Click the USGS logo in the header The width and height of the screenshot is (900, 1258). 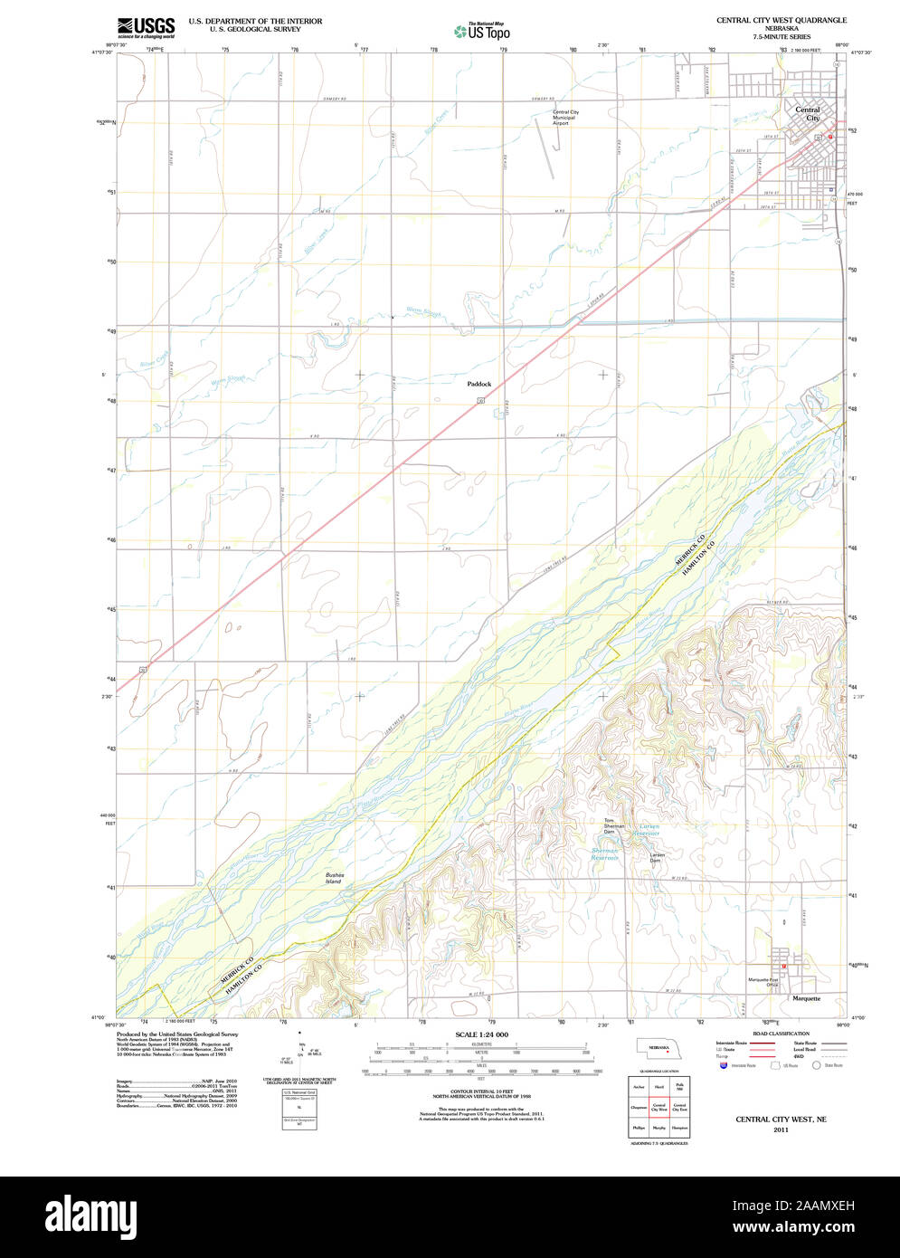tap(146, 26)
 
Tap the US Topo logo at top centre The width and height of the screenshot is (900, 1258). tap(482, 32)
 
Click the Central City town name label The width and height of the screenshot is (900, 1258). tap(807, 114)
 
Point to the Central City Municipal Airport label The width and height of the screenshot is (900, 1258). tap(566, 118)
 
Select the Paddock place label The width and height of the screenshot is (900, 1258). tap(479, 384)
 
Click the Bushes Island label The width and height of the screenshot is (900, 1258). tap(335, 878)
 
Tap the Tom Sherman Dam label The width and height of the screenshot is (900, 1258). tap(615, 825)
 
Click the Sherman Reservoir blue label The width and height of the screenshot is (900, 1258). tap(605, 853)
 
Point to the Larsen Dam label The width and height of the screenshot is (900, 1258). tap(658, 857)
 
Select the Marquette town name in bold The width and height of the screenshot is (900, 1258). tap(806, 998)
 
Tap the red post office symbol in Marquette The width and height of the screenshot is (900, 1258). tap(784, 966)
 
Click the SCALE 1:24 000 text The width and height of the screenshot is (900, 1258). tap(482, 1034)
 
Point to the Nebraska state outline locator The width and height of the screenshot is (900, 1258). tap(659, 1048)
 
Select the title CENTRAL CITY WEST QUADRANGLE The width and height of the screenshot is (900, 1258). tap(782, 19)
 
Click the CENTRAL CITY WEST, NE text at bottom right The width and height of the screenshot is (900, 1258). tap(781, 1120)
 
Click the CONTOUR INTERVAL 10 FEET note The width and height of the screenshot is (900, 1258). tap(480, 1091)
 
